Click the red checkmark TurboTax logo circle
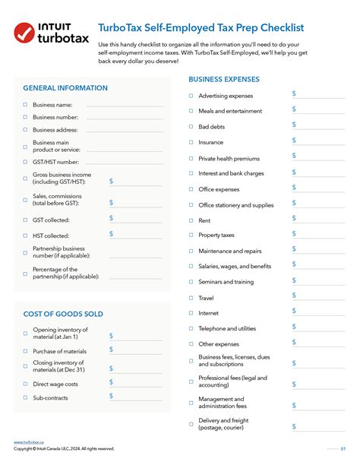pyautogui.click(x=27, y=34)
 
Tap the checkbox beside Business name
pyautogui.click(x=25, y=105)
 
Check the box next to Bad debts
pyautogui.click(x=191, y=126)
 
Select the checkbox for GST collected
pyautogui.click(x=25, y=220)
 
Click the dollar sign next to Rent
pyautogui.click(x=295, y=218)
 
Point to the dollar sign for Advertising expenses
pyautogui.click(x=295, y=93)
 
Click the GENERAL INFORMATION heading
pyautogui.click(x=65, y=88)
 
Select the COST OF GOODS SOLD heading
pyautogui.click(x=63, y=314)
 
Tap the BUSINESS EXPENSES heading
pyautogui.click(x=224, y=79)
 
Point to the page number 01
pyautogui.click(x=343, y=448)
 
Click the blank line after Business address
pyautogui.click(x=124, y=130)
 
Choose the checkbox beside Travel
pyautogui.click(x=191, y=298)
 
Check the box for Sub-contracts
pyautogui.click(x=25, y=397)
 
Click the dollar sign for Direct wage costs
pyautogui.click(x=111, y=382)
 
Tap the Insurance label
pyautogui.click(x=210, y=142)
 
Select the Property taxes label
pyautogui.click(x=216, y=236)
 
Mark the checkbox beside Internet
pyautogui.click(x=191, y=313)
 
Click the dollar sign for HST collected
pyautogui.click(x=111, y=234)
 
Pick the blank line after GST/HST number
pyautogui.click(x=124, y=162)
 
